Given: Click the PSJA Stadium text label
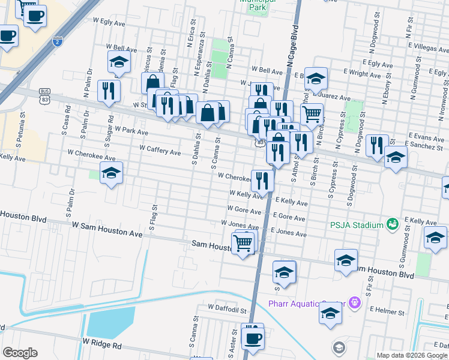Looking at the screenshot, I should (x=356, y=225).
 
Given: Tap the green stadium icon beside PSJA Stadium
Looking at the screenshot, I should (x=393, y=224).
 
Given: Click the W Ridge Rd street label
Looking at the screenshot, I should (x=102, y=345).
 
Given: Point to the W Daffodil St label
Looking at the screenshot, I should (x=228, y=307).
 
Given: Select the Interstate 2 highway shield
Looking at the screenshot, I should (x=56, y=41).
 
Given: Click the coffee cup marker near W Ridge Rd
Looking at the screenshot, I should (x=252, y=337).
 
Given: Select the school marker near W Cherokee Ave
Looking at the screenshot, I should (x=111, y=173).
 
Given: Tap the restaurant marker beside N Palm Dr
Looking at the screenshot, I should (x=109, y=91).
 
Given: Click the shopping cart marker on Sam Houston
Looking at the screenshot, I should (x=243, y=243).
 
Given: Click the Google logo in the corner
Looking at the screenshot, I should (x=20, y=353).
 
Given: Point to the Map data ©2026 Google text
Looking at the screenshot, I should (x=412, y=355).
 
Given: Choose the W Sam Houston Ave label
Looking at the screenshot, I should (x=107, y=229).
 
